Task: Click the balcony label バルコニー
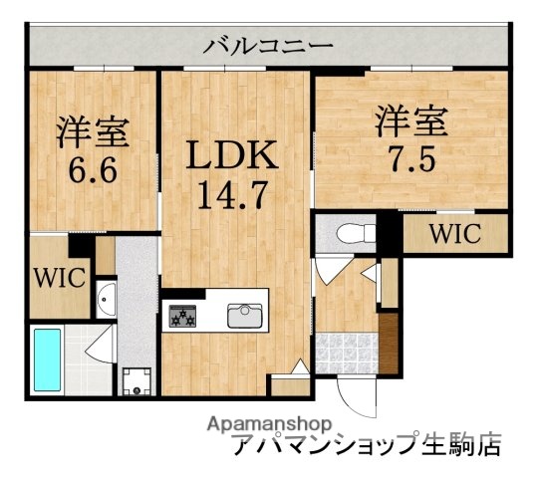coord(269,46)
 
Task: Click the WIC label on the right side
coord(456,235)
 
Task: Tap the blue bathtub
coord(48,359)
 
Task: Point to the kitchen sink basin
coord(244,316)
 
